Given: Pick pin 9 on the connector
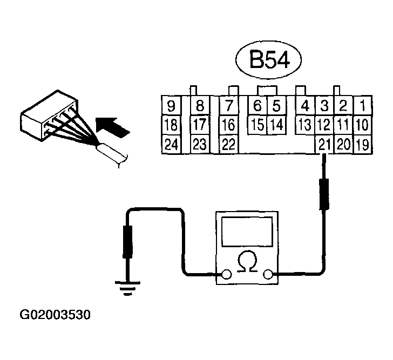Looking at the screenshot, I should pyautogui.click(x=171, y=105).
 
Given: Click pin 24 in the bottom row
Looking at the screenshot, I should pyautogui.click(x=171, y=145).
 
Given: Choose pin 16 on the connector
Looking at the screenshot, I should pyautogui.click(x=229, y=125).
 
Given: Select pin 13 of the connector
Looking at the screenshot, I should pyautogui.click(x=306, y=125).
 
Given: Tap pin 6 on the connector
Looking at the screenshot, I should pyautogui.click(x=258, y=105).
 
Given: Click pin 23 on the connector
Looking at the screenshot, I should pyautogui.click(x=200, y=145).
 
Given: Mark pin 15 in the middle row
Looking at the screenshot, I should pyautogui.click(x=258, y=125).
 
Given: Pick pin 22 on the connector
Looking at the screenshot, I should pyautogui.click(x=229, y=145).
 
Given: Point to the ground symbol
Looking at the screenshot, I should pyautogui.click(x=127, y=290).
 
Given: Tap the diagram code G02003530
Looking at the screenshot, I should pyautogui.click(x=56, y=314).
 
